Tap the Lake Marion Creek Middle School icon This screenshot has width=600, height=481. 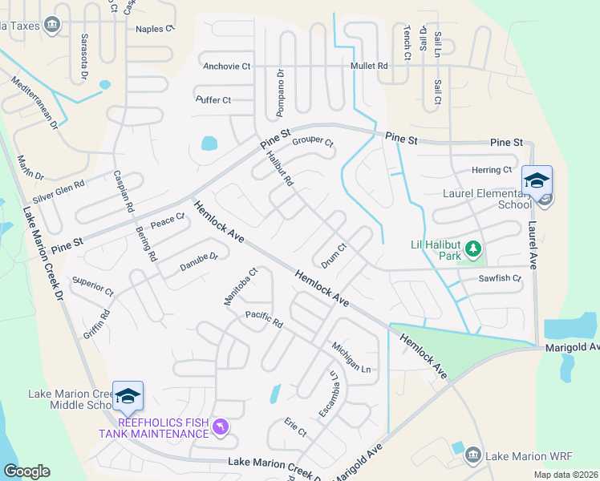coord(128,396)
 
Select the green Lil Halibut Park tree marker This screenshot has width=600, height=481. coord(473,249)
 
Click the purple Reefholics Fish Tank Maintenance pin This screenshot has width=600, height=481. coord(222,428)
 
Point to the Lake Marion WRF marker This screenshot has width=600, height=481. coord(472,455)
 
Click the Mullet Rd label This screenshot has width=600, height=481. coord(369,66)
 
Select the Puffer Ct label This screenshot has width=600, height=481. coord(213,100)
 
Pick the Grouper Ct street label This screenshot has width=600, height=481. coord(312,143)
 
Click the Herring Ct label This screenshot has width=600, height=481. coord(492,170)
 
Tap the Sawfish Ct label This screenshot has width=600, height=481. coord(500,279)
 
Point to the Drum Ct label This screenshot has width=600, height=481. coord(333,256)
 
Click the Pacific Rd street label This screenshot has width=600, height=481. coord(265,319)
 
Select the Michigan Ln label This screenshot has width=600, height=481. coord(351,357)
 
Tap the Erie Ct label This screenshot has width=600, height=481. coord(295,426)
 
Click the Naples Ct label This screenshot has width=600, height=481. coord(155,29)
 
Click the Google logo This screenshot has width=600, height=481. coord(26,471)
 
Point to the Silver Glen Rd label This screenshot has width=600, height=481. coord(59,191)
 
